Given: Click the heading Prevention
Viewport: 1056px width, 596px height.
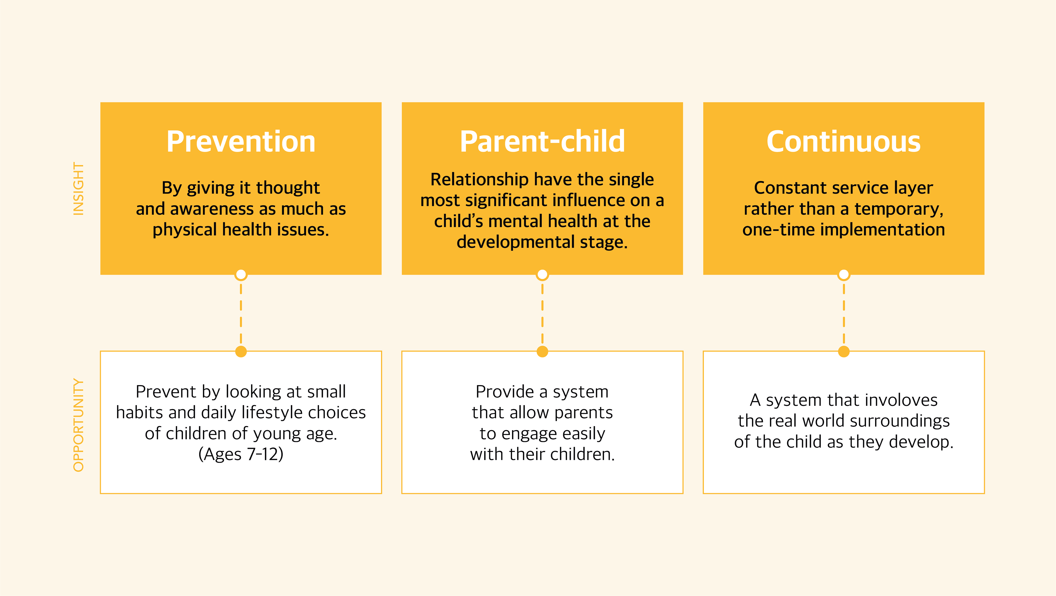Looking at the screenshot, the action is (241, 142).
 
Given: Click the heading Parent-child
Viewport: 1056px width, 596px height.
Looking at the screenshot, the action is (542, 142).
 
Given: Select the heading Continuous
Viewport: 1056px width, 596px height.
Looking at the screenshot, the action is (844, 142).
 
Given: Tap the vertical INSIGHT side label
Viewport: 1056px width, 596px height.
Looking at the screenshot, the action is (78, 188).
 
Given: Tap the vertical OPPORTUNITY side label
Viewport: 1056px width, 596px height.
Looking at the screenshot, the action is (78, 425).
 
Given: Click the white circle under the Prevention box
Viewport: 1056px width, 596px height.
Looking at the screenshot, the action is (241, 275).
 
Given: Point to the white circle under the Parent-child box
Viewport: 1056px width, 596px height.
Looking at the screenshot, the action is (542, 275).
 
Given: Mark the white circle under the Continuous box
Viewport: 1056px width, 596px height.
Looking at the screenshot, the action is (844, 275).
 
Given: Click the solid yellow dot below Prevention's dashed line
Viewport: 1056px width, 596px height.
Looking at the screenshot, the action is (241, 351).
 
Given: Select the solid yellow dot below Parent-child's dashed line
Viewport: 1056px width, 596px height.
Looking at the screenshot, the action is (542, 351).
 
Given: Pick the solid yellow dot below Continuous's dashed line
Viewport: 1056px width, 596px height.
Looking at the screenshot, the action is (844, 351).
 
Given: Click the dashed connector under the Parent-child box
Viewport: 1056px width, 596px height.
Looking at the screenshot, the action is (542, 313).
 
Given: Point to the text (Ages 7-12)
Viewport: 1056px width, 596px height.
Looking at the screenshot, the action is (241, 454).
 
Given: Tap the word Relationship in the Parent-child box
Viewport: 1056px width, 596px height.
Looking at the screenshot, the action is (479, 180).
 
